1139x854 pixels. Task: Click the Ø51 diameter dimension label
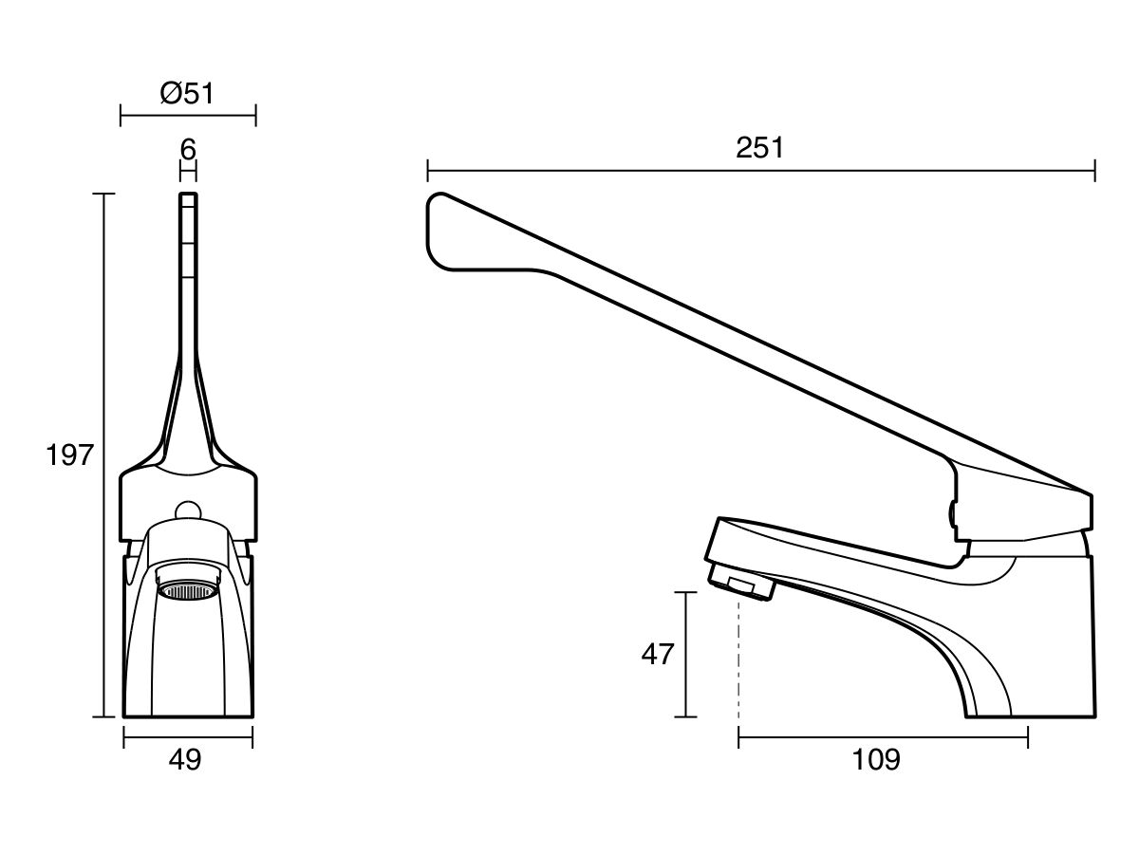point(187,94)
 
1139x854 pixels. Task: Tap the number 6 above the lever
point(188,150)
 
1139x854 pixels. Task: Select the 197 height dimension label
point(69,455)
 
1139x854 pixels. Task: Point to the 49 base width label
point(185,760)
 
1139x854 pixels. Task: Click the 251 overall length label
point(759,148)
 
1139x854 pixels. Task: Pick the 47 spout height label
point(658,655)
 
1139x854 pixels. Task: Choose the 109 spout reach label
point(876,760)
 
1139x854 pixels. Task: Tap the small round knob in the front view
point(187,511)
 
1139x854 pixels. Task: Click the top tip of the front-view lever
point(188,194)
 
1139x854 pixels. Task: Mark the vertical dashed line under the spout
point(738,658)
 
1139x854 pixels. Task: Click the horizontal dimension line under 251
point(761,171)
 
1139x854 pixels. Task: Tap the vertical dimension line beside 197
point(103,455)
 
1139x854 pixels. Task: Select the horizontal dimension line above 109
point(883,737)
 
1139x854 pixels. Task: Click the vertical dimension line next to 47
point(686,655)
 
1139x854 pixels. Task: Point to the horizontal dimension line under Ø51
point(188,115)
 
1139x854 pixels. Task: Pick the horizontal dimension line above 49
point(188,737)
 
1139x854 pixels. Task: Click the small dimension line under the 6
point(188,171)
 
